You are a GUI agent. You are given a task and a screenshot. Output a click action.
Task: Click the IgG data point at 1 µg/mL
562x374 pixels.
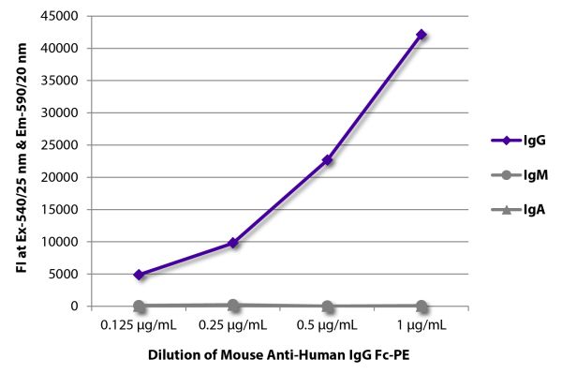[421, 35]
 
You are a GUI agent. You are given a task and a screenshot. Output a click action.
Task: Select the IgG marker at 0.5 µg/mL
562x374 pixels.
[327, 160]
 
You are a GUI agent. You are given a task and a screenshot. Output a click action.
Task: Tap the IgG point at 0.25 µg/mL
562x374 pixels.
[232, 243]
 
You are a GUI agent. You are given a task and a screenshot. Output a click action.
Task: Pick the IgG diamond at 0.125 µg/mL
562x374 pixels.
[139, 275]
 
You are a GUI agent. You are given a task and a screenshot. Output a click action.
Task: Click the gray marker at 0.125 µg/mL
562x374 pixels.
[139, 306]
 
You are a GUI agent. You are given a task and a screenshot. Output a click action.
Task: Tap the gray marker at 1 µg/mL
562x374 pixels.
[421, 306]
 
